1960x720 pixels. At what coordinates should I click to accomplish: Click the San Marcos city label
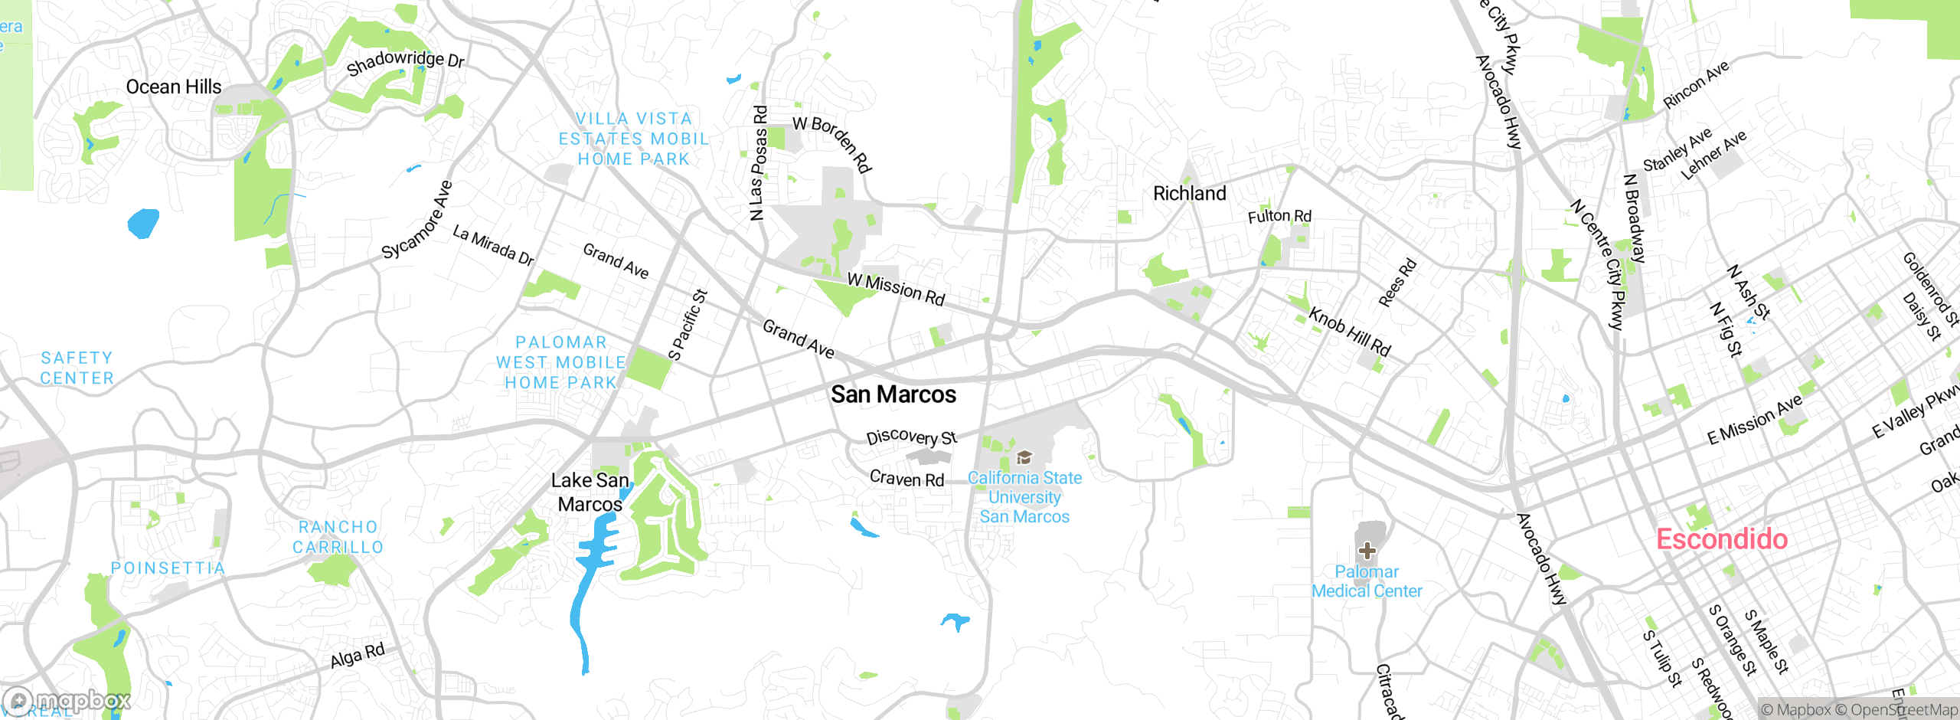tap(893, 394)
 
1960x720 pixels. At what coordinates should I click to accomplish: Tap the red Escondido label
tap(1722, 539)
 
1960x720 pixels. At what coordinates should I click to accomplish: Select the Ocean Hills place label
tap(174, 87)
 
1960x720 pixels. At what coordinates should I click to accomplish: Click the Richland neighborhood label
tap(1189, 194)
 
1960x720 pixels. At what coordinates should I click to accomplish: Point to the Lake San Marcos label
tap(590, 493)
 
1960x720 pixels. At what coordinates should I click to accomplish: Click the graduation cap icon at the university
tap(1024, 458)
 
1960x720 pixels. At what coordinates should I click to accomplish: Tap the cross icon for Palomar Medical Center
tap(1367, 551)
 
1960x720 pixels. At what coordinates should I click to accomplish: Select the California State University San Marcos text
tap(1024, 497)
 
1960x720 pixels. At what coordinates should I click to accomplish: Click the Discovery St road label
tap(911, 437)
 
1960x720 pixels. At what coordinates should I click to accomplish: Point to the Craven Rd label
tap(906, 479)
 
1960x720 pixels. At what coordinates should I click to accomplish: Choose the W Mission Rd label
tap(896, 289)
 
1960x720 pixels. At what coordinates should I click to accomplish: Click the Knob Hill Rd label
tap(1349, 332)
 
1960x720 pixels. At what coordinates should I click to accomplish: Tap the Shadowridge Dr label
tap(405, 62)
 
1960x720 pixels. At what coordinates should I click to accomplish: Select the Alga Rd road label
tap(358, 656)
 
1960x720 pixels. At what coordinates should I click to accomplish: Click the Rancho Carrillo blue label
tap(338, 537)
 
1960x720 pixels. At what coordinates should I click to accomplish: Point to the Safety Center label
tap(77, 368)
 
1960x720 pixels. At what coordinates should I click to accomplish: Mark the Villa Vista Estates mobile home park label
tap(633, 139)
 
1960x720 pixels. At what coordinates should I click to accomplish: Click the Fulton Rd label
tap(1279, 217)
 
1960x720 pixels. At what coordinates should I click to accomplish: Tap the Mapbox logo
tap(67, 700)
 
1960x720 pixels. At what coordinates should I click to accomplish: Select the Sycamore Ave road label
tap(417, 221)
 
